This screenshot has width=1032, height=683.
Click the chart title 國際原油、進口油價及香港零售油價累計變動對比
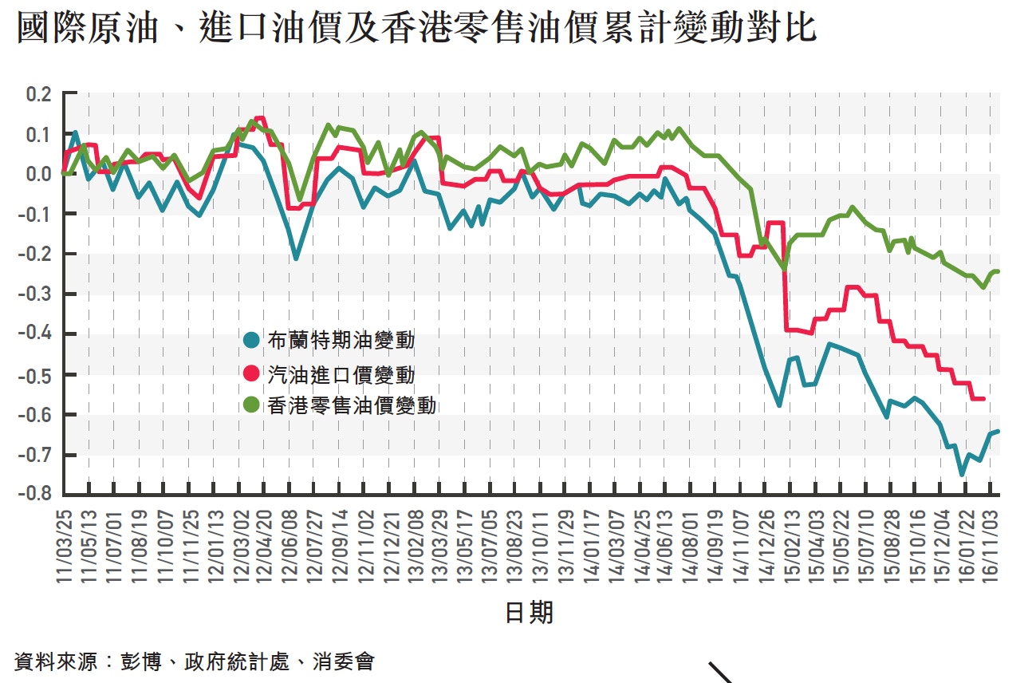[416, 30]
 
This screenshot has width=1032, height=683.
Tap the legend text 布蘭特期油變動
[341, 341]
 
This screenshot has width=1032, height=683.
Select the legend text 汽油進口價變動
[341, 373]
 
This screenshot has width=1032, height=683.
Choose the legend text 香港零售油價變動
[353, 405]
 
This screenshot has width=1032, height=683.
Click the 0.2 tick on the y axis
[38, 94]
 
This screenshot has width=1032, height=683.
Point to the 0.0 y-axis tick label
[38, 174]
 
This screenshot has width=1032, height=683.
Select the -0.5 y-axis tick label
[36, 374]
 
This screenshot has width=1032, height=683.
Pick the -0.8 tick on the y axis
[36, 494]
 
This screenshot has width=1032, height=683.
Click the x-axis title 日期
[529, 612]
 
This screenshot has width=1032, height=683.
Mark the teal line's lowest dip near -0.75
[962, 475]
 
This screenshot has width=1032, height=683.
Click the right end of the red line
[983, 398]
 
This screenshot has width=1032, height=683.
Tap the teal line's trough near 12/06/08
[296, 259]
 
